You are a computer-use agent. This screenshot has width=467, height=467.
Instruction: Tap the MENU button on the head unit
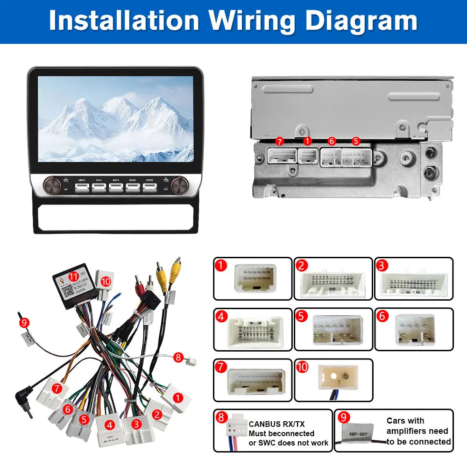(82, 187)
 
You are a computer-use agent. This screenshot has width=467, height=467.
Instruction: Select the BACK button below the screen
(116, 187)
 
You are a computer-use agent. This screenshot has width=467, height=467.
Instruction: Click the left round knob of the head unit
(52, 184)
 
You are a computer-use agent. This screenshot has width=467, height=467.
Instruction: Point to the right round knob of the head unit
(178, 184)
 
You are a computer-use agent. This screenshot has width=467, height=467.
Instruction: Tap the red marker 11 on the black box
(73, 277)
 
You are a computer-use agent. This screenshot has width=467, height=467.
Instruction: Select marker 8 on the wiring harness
(178, 357)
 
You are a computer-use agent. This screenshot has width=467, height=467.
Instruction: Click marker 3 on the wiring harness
(136, 424)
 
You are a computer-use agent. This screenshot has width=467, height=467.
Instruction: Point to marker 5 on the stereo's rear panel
(356, 140)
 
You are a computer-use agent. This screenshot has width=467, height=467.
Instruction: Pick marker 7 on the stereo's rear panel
(280, 141)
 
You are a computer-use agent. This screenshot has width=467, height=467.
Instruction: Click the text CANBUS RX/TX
(276, 424)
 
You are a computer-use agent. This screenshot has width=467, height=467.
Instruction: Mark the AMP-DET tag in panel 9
(357, 432)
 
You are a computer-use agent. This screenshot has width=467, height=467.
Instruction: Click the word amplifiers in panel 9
(417, 431)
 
